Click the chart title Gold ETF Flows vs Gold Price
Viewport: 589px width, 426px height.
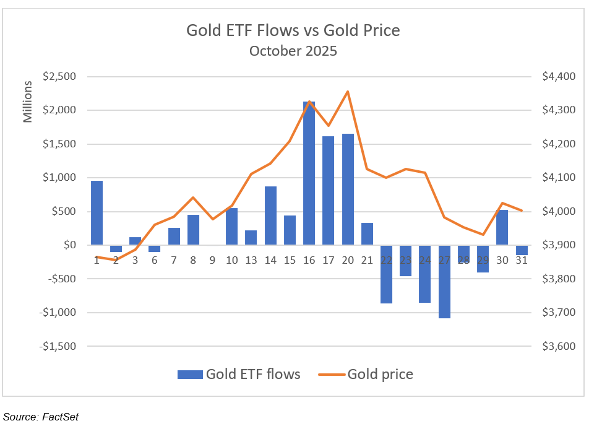tap(293, 30)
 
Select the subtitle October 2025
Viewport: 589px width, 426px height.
tap(293, 51)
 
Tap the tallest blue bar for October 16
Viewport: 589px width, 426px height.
tap(309, 173)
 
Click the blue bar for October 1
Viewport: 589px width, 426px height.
tap(97, 212)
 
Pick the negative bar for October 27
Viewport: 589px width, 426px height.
tap(444, 281)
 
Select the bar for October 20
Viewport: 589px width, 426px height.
tap(348, 189)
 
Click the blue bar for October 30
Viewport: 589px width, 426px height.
tap(502, 227)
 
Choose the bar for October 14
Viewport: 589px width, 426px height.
tap(270, 215)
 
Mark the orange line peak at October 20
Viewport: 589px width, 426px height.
tap(348, 92)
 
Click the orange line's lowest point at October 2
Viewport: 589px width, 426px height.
tap(116, 260)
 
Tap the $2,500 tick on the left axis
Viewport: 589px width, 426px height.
tap(59, 77)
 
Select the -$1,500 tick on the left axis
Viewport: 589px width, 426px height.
tap(58, 346)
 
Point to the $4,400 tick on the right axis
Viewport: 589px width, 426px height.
tap(558, 77)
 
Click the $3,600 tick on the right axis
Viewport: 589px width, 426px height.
tap(558, 346)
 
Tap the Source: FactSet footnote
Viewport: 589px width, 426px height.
tap(40, 417)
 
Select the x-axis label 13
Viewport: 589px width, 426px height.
tap(251, 261)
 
